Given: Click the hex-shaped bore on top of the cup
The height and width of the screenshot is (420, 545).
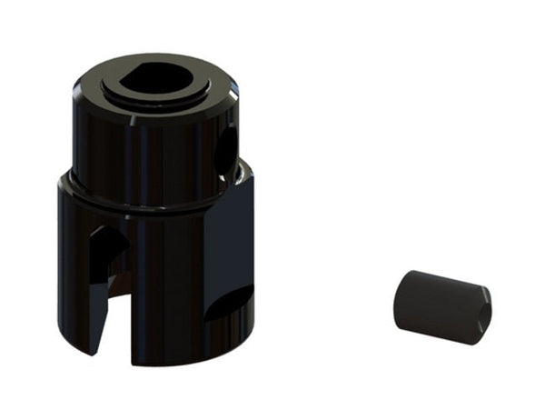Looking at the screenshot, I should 152,79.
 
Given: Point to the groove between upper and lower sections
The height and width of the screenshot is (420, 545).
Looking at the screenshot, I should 145,201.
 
